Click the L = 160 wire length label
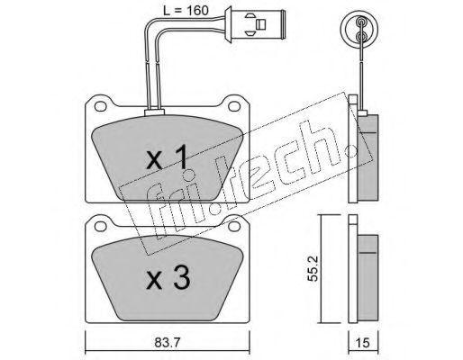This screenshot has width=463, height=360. pos(186,11)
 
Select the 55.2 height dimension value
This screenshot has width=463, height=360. pos(313,268)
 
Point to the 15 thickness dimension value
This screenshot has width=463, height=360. pos(362,343)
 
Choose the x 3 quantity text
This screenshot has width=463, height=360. pos(168,278)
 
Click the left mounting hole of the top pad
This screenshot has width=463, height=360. pos(101,105)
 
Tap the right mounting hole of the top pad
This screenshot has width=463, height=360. pos(234,105)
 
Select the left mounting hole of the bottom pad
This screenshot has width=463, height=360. pos(101,227)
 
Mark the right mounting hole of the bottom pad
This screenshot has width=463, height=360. pos(234,227)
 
